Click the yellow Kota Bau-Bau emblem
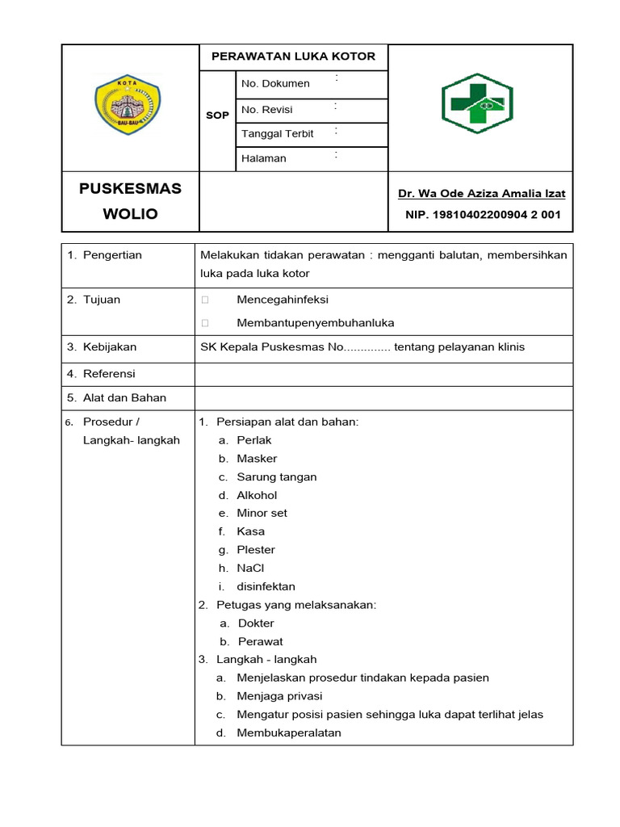click(x=128, y=103)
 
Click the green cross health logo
click(x=477, y=103)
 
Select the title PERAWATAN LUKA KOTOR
click(x=293, y=57)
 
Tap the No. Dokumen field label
click(x=275, y=83)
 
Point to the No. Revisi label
click(x=267, y=109)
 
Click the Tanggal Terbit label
click(x=278, y=133)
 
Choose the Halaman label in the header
click(x=264, y=158)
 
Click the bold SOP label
click(x=217, y=115)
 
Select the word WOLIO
click(x=130, y=214)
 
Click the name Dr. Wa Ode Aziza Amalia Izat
click(x=481, y=193)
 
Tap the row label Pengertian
click(x=112, y=255)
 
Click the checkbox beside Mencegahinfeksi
click(x=205, y=300)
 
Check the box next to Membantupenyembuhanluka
click(x=205, y=323)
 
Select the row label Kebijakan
click(x=110, y=347)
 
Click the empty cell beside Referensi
click(x=383, y=374)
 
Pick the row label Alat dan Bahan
click(x=124, y=397)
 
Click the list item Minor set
click(x=262, y=513)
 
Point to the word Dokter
click(x=256, y=623)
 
